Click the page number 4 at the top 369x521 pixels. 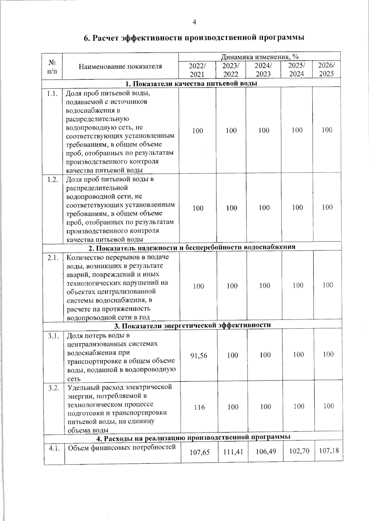(x=194, y=22)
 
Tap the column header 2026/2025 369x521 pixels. (x=326, y=69)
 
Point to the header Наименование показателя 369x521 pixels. (x=120, y=66)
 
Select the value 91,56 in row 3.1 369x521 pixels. (x=199, y=356)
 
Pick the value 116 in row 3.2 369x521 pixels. (x=199, y=407)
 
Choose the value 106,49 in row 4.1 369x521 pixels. (x=265, y=451)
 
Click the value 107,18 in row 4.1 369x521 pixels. (x=329, y=450)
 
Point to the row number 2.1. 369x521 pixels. (x=53, y=258)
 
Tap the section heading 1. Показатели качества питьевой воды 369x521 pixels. (x=191, y=84)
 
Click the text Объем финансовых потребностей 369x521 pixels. (x=121, y=448)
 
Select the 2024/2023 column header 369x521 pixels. (x=263, y=70)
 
